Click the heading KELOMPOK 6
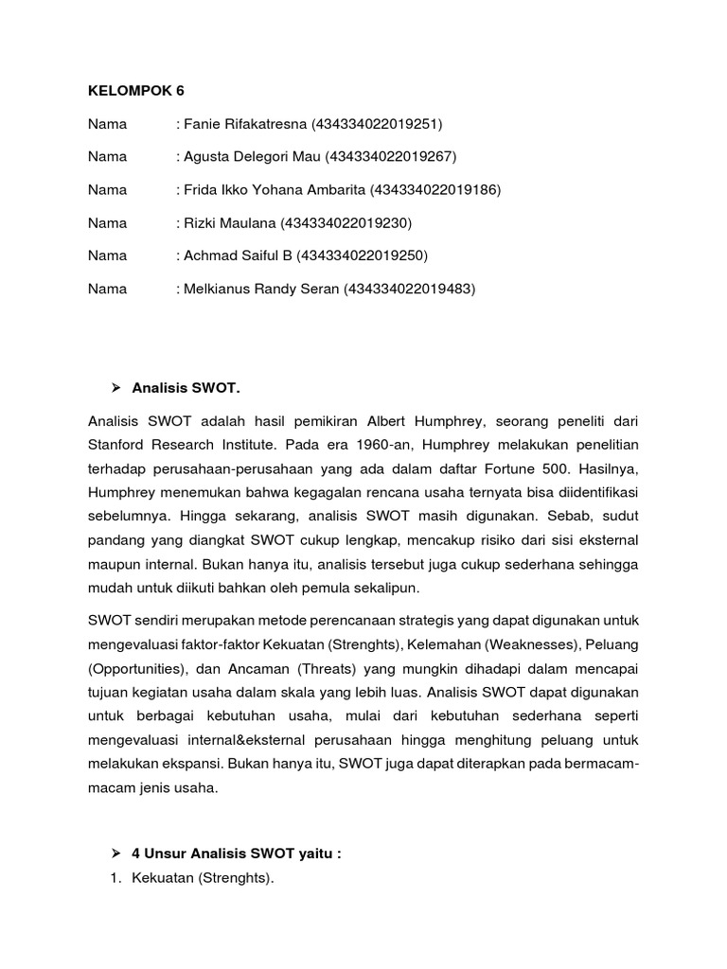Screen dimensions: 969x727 (136, 91)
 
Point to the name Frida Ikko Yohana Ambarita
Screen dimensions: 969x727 (275, 190)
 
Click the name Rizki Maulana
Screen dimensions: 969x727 (230, 223)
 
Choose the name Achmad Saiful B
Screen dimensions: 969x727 (236, 255)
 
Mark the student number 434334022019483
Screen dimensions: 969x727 (408, 289)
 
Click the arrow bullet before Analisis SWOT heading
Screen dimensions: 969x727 (117, 387)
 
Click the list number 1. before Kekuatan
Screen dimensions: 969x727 (116, 879)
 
